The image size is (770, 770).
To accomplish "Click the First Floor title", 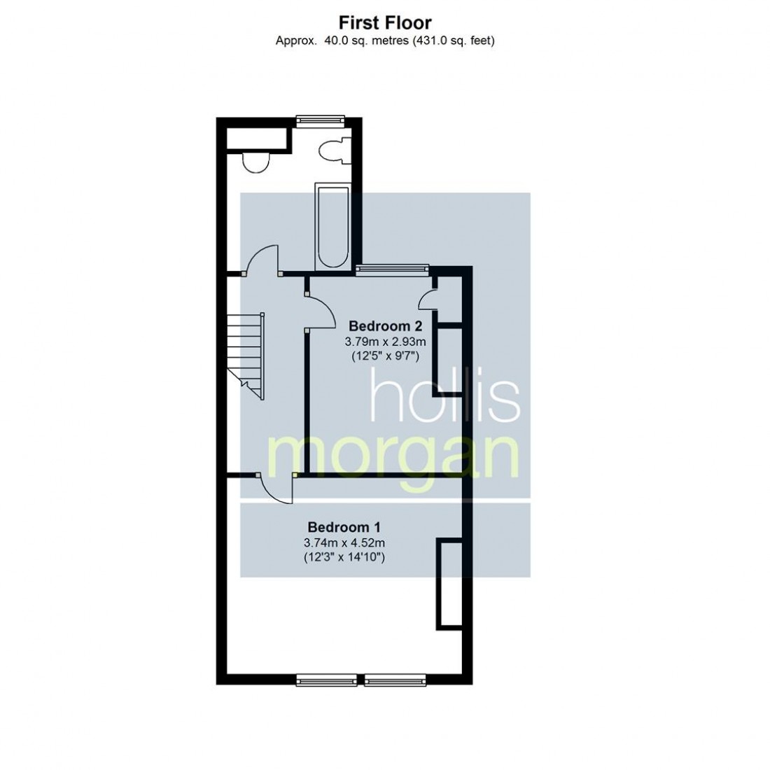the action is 385,22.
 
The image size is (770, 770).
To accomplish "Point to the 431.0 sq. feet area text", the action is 453,41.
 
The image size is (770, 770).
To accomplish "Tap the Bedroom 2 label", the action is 386,326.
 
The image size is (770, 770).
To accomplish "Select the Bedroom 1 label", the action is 344,527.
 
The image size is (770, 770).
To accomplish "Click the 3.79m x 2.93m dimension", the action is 386,342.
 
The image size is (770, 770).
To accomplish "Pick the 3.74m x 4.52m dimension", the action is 344,542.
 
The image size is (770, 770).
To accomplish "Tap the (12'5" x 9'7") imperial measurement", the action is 386,356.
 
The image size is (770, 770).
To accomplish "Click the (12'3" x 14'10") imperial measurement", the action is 344,557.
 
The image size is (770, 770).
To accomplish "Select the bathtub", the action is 332,226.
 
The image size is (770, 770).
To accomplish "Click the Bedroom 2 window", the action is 393,269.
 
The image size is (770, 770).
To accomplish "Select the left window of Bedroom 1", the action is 327,679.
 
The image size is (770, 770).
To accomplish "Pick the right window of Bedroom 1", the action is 395,679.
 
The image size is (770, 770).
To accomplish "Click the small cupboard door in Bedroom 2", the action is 428,300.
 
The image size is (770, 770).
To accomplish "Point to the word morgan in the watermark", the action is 394,456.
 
